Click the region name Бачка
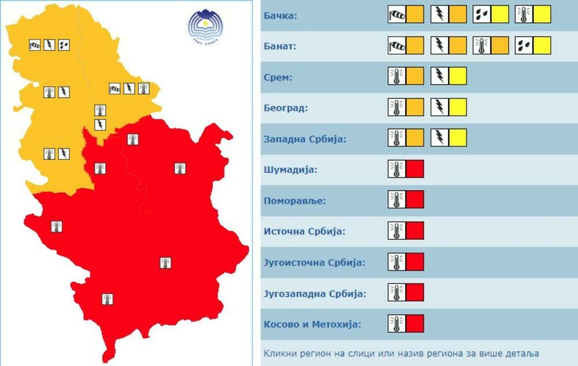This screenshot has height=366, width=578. (280, 14)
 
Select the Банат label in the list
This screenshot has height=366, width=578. (280, 46)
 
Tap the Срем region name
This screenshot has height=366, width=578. (277, 76)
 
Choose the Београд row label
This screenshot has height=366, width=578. (286, 108)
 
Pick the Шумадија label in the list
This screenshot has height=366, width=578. (291, 169)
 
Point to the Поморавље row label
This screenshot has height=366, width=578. (295, 201)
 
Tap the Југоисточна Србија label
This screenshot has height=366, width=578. (315, 263)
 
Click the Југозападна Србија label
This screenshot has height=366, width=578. (315, 293)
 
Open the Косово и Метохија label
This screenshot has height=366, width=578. (312, 324)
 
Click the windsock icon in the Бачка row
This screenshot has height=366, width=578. (397, 14)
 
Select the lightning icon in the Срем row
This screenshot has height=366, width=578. (439, 76)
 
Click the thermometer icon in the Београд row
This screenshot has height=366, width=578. (397, 108)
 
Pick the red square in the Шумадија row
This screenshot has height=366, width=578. (415, 169)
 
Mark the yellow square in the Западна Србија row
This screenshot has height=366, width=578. (458, 139)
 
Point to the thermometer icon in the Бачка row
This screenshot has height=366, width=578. (524, 14)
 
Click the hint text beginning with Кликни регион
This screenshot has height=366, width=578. (402, 353)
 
